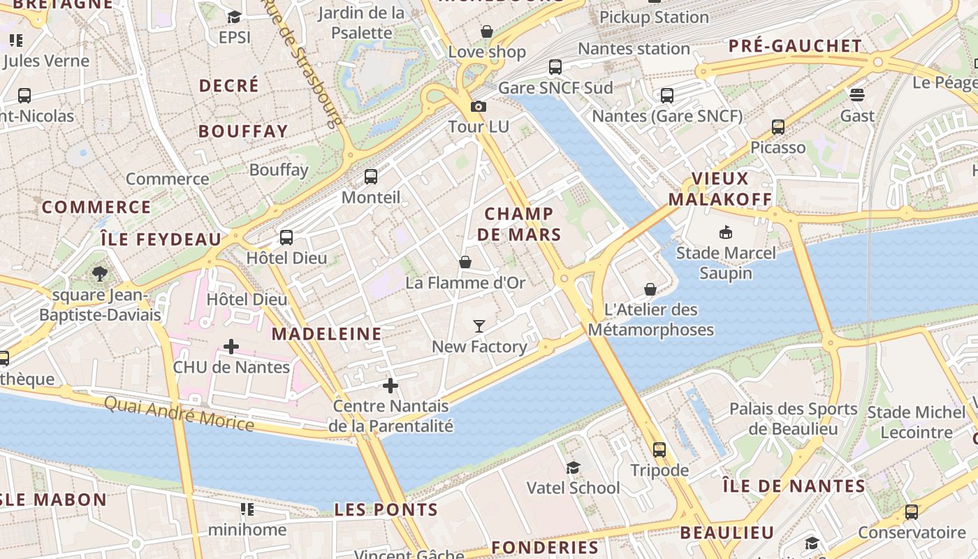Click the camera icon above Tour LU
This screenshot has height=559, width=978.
(479, 106)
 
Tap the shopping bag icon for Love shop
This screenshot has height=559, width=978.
(487, 31)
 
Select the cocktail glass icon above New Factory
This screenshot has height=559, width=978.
(479, 326)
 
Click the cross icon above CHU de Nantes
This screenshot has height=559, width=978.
(231, 346)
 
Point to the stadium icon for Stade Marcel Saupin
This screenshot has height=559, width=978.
(726, 232)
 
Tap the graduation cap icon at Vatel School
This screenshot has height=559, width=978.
(573, 467)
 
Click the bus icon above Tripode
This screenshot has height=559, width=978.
(659, 449)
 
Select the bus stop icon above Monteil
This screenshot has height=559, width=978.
(371, 177)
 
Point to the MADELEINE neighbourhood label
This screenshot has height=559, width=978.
(327, 334)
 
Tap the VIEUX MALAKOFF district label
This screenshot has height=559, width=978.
(720, 189)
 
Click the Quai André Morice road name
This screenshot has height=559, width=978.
(179, 413)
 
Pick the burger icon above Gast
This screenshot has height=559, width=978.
(857, 94)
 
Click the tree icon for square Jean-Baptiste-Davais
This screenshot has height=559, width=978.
(100, 274)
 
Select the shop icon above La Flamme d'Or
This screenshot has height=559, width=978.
(465, 262)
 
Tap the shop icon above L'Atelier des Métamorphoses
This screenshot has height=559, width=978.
(650, 289)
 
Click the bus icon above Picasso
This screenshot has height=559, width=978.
(778, 127)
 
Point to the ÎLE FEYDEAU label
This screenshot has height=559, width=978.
(161, 239)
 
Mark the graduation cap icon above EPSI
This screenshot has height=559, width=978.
(234, 17)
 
